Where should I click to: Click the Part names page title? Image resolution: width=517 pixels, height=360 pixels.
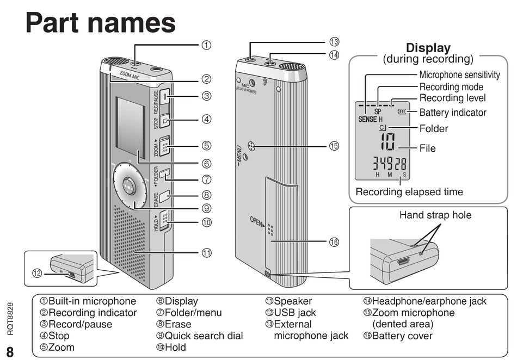(x=101, y=23)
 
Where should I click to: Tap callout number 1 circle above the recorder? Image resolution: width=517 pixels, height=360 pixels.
(x=206, y=45)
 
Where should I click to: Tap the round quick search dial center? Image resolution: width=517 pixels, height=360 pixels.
(x=130, y=185)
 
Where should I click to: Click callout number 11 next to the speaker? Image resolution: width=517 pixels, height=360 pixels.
(x=206, y=252)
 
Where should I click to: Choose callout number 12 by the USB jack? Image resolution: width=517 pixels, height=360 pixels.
(x=37, y=274)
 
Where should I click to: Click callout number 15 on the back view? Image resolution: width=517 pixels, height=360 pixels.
(x=334, y=146)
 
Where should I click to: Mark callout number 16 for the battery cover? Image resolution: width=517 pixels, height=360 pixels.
(x=334, y=242)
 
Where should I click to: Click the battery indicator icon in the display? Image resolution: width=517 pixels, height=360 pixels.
(x=402, y=113)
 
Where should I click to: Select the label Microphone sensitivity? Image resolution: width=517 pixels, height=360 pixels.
(x=459, y=75)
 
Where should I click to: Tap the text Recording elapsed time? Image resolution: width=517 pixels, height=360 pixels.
(x=409, y=192)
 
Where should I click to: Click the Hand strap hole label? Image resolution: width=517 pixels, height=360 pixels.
(x=435, y=215)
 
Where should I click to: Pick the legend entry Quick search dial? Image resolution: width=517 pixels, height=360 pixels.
(x=199, y=336)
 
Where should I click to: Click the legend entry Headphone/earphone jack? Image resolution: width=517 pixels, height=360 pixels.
(x=424, y=301)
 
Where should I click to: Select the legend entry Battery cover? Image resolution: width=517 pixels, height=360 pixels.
(x=398, y=336)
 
